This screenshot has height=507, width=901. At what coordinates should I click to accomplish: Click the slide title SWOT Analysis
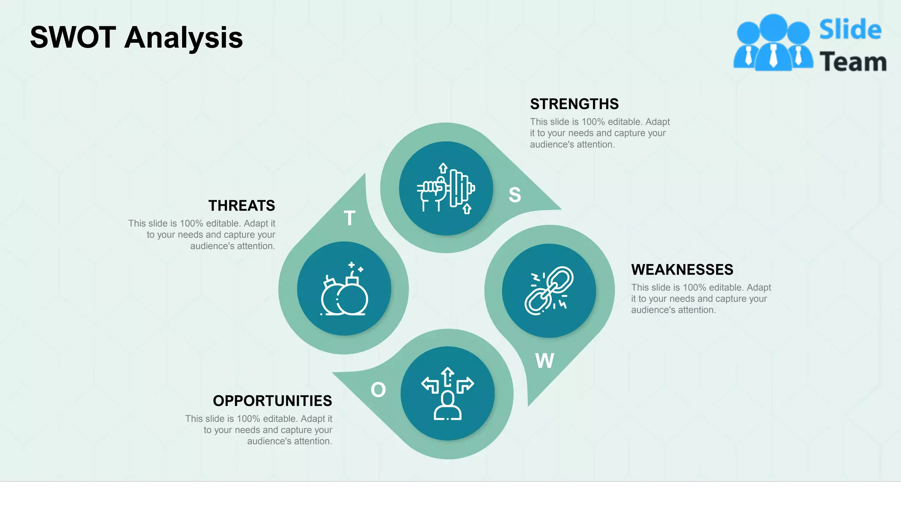click(x=136, y=37)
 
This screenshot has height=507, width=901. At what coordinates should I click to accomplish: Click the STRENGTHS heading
click(x=574, y=104)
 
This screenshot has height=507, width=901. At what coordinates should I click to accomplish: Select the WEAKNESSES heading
click(x=682, y=270)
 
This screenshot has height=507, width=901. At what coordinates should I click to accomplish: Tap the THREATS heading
click(x=242, y=206)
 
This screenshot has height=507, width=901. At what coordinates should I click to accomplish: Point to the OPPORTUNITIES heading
click(x=272, y=401)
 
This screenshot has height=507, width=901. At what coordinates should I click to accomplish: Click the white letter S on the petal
click(x=515, y=195)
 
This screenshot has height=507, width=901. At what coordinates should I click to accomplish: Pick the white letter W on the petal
click(x=545, y=361)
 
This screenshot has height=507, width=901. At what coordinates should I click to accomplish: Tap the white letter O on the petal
click(x=378, y=390)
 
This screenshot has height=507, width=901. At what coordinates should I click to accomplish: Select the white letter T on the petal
click(x=349, y=218)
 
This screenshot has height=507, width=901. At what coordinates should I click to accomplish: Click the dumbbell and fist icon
click(x=446, y=189)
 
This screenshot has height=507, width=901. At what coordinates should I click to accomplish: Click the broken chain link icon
click(x=549, y=291)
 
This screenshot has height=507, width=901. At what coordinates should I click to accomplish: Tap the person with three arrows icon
click(x=447, y=393)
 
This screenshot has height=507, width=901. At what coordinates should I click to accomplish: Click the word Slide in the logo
click(x=850, y=30)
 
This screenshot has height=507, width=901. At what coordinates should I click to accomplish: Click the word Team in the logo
click(x=853, y=62)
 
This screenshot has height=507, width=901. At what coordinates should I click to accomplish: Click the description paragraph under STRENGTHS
click(x=599, y=133)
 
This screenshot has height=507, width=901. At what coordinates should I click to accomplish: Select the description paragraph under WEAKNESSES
click(x=700, y=299)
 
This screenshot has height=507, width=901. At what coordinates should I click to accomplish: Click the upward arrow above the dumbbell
click(x=443, y=168)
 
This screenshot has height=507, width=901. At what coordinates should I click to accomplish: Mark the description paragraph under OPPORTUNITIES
click(x=259, y=430)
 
